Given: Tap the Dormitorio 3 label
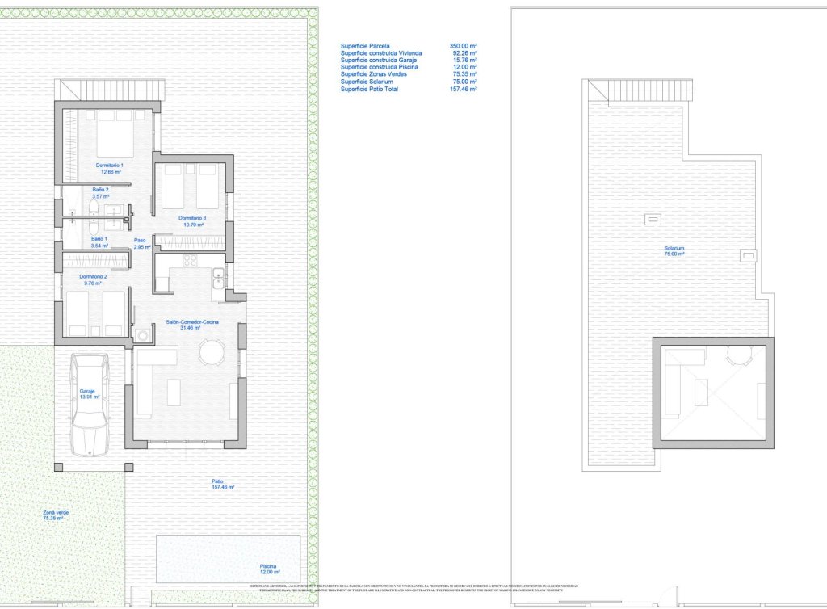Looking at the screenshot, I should coord(192,221).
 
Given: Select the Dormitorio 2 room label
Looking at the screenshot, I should coord(94,279).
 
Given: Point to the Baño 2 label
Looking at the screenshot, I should coord(100,193).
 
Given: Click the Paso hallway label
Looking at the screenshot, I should coord(141,243).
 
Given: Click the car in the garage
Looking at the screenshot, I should coord(89,405).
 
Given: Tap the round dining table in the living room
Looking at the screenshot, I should coord(212,353).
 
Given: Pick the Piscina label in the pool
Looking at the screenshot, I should coord(270,569).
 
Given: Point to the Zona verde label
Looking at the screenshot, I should coord(56,514).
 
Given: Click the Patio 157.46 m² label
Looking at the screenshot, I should coord(222,484).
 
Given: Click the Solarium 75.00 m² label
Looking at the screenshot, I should coord(674,250).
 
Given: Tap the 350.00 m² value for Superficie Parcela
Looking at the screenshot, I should coord(463,46).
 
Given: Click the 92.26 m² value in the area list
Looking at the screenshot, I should coord(463,53).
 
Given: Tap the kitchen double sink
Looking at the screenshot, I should coord(218,278).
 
